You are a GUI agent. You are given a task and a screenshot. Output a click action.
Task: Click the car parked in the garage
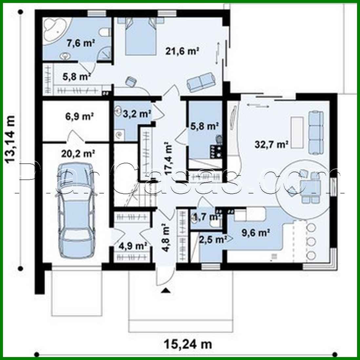pyautogui.click(x=77, y=210)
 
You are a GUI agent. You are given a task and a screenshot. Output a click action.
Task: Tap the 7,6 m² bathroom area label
pyautogui.click(x=81, y=43)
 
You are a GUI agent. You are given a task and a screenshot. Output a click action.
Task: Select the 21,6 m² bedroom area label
pyautogui.click(x=182, y=51)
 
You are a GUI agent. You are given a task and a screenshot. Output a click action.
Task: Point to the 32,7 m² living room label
pyautogui.click(x=271, y=145)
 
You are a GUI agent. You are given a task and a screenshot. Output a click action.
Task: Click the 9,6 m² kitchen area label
pyautogui.click(x=255, y=233)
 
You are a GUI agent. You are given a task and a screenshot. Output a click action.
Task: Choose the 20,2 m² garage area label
pyautogui.click(x=78, y=153)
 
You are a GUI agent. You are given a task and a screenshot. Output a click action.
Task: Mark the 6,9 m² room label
pyautogui.click(x=79, y=116)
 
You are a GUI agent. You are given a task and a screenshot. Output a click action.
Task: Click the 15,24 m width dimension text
pyautogui.click(x=188, y=344)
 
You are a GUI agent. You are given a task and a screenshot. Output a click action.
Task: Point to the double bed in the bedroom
pyautogui.click(x=141, y=36)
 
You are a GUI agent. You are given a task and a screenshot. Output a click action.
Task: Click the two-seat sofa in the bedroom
pyautogui.click(x=201, y=82)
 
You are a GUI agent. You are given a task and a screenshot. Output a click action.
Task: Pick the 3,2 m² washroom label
pyautogui.click(x=137, y=113)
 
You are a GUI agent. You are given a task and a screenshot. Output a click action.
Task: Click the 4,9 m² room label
pyautogui.click(x=133, y=246)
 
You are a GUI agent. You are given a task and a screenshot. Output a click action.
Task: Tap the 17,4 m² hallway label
pyautogui.click(x=168, y=158)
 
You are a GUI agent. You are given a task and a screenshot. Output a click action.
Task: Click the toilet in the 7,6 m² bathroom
pyautogui.click(x=105, y=32)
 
